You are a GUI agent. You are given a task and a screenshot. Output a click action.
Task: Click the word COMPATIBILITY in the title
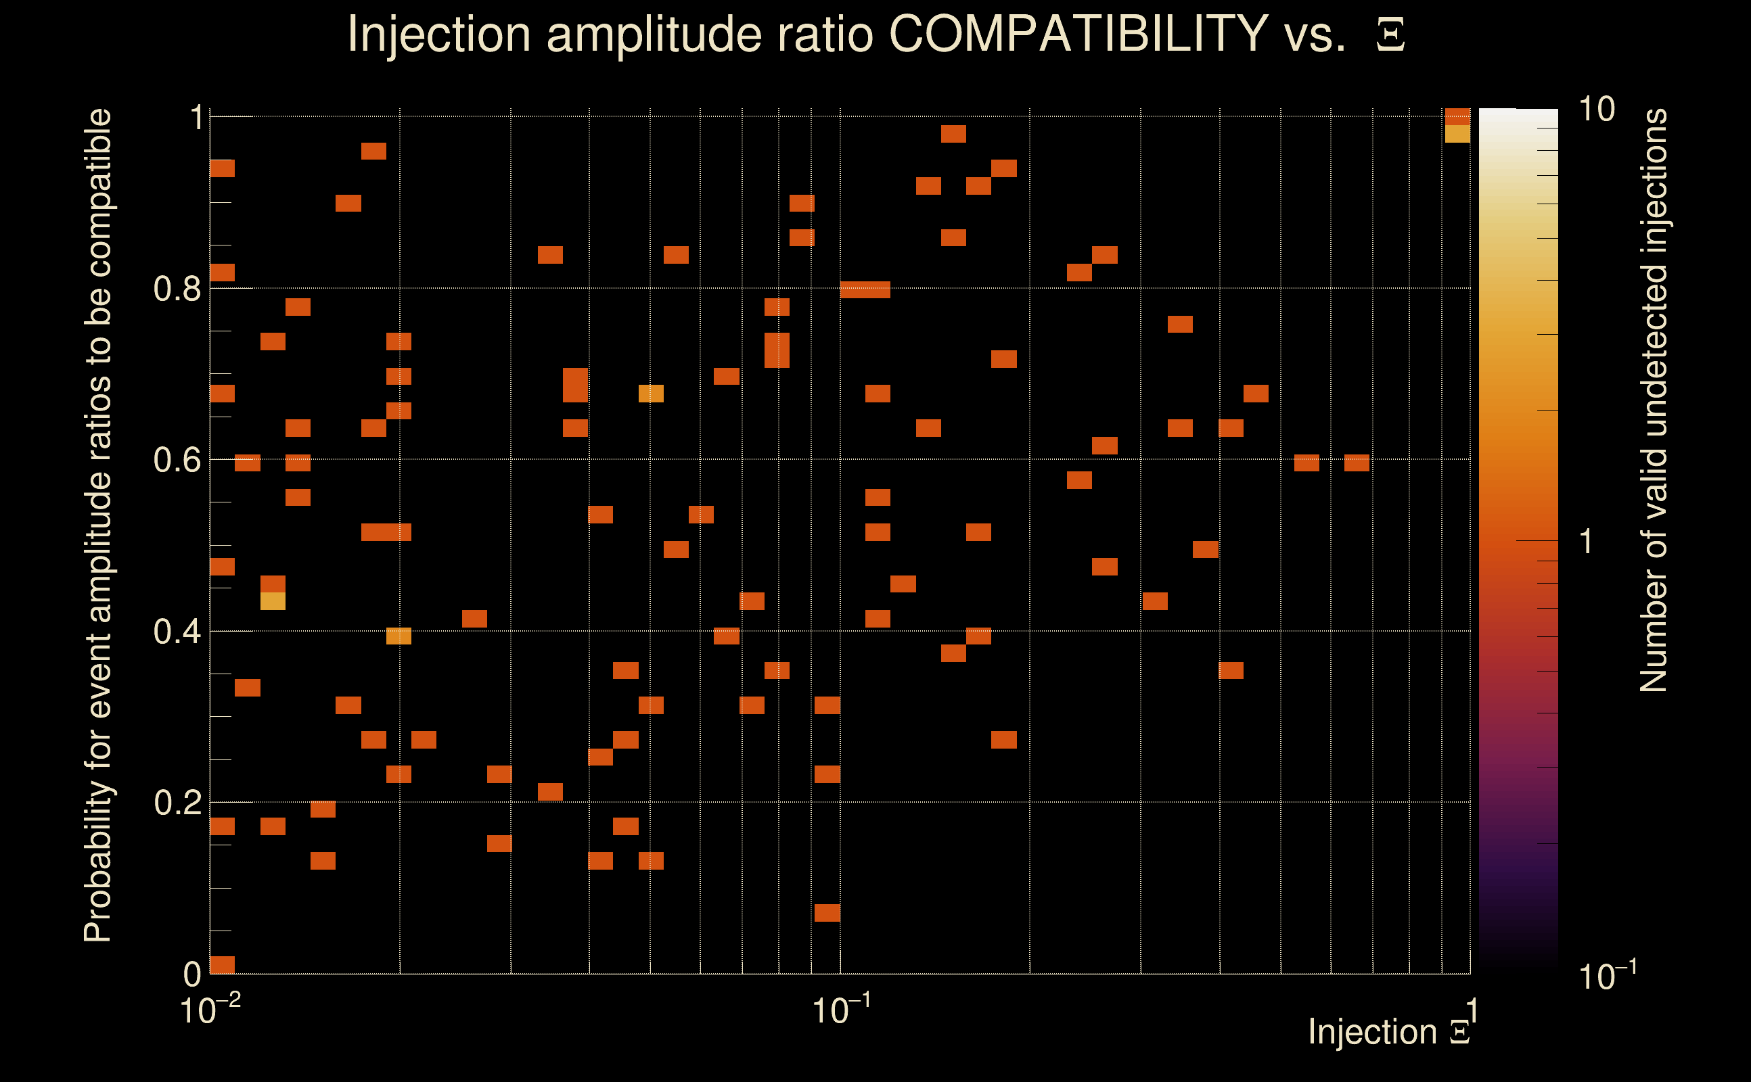1078,34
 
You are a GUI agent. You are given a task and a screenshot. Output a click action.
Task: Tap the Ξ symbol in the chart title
1390,35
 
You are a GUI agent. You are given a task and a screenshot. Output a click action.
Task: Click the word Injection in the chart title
438,34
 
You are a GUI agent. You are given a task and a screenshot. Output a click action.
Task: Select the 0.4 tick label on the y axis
177,632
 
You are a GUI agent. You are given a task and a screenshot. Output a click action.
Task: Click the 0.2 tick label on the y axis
177,803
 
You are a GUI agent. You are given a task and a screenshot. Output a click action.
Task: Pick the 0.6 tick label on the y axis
177,460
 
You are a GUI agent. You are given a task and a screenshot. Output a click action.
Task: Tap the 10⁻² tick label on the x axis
210,1010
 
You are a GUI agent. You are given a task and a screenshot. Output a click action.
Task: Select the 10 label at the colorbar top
1596,110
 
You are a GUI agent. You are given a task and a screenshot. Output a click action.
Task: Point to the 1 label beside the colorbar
1587,542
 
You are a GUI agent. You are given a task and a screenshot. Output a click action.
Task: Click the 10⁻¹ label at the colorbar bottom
1606,975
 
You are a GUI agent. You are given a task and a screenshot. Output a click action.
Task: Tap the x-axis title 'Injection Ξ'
1389,1031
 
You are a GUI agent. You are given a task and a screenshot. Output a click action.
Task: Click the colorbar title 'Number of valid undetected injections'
1654,401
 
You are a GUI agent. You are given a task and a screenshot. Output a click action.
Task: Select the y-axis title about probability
98,526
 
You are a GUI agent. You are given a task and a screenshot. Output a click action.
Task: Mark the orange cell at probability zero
222,964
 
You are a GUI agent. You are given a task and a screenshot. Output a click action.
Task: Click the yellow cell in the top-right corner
1457,134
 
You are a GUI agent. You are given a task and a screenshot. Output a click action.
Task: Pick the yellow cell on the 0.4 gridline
399,636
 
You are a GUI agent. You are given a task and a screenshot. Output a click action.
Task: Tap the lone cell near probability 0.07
827,912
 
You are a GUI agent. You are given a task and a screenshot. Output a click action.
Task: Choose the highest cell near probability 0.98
953,134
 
